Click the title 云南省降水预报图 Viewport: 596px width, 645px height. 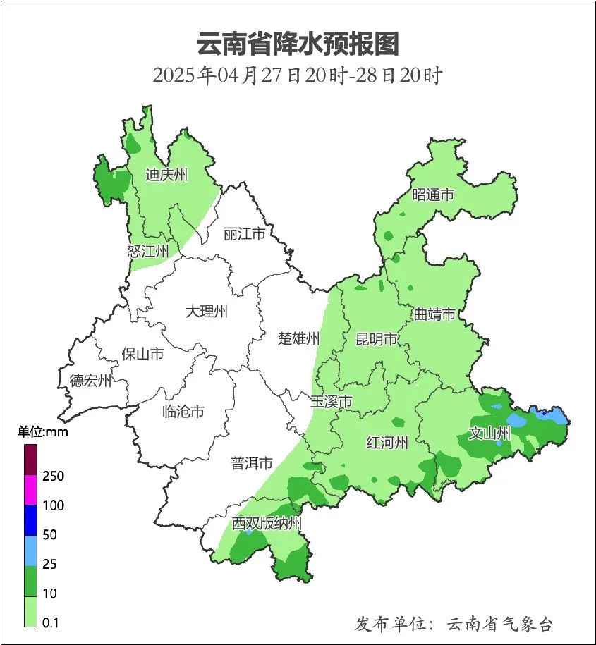(x=298, y=44)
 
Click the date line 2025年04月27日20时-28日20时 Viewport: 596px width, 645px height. (x=298, y=75)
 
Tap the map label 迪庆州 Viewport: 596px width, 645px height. (x=166, y=175)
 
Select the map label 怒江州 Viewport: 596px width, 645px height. (x=148, y=251)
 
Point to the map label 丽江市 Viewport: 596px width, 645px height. (x=244, y=233)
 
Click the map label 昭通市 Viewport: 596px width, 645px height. (x=433, y=195)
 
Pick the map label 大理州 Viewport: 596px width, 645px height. (x=207, y=312)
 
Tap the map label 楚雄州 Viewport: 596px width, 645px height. (x=299, y=339)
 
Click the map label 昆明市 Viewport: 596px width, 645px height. (x=377, y=340)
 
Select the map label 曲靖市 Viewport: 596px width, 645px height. (x=434, y=314)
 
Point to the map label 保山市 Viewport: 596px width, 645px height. (x=142, y=354)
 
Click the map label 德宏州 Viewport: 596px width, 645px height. (x=90, y=381)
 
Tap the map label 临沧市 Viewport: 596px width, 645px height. (x=183, y=412)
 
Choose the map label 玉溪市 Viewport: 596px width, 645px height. (x=332, y=402)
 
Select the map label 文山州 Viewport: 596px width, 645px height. (x=489, y=434)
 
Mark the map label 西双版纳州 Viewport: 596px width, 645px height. (x=267, y=524)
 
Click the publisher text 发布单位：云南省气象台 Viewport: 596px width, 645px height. (x=454, y=624)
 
